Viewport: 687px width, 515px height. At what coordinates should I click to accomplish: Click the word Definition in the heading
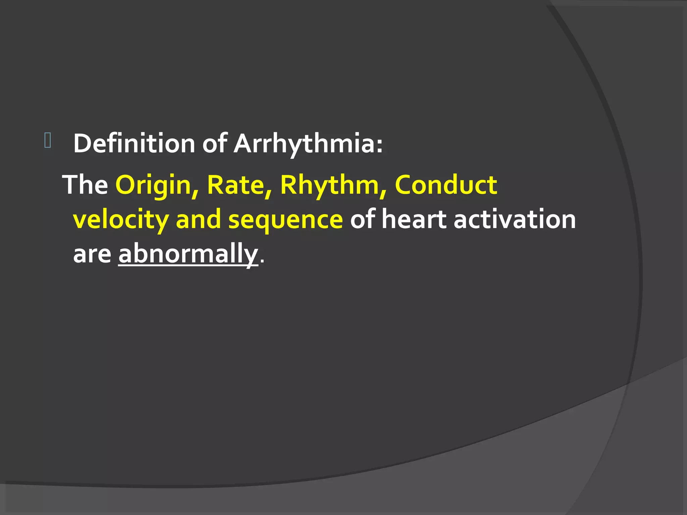pyautogui.click(x=134, y=144)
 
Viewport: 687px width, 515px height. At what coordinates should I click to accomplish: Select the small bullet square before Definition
pyautogui.click(x=47, y=140)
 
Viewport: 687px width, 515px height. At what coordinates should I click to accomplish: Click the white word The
pyautogui.click(x=85, y=185)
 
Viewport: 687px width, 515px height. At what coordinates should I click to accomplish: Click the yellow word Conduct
pyautogui.click(x=446, y=185)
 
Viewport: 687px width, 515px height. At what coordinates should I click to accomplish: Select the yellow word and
pyautogui.click(x=198, y=220)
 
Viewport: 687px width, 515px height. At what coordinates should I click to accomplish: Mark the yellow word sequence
pyautogui.click(x=285, y=220)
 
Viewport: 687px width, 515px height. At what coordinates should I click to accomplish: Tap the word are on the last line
pyautogui.click(x=92, y=254)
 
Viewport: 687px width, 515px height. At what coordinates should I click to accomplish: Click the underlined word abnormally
pyautogui.click(x=188, y=254)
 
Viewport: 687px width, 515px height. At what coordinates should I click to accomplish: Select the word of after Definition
pyautogui.click(x=215, y=144)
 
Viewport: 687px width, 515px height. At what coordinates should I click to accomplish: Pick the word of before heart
pyautogui.click(x=362, y=220)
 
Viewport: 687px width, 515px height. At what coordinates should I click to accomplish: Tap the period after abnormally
pyautogui.click(x=262, y=262)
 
